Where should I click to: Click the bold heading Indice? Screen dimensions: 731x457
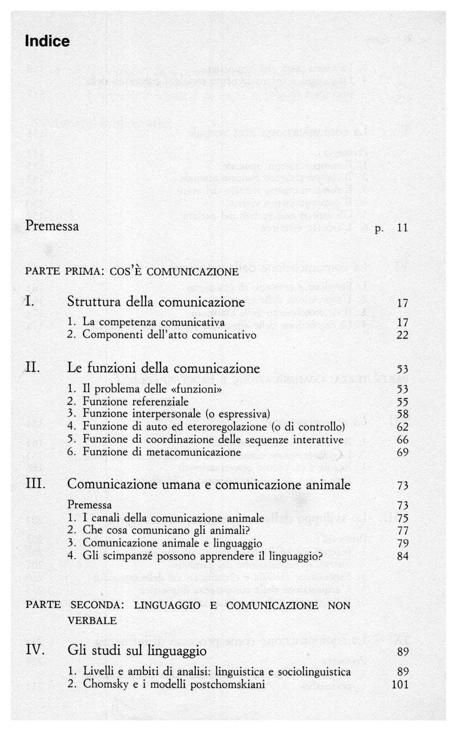(47, 42)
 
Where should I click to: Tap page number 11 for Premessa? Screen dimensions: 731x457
(402, 228)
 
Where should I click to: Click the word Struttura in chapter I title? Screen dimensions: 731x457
(95, 302)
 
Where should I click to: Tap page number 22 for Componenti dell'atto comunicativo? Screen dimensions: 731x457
(402, 335)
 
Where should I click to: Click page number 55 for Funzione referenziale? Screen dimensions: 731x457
(402, 401)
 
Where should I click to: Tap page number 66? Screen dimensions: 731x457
(402, 439)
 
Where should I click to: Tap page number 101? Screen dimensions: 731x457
(400, 684)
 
